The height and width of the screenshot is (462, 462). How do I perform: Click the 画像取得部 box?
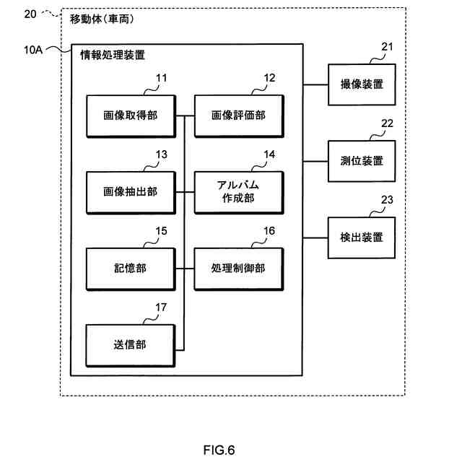(x=130, y=115)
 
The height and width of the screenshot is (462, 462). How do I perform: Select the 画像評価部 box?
(x=238, y=115)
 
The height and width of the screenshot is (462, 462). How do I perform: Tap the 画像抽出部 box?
(x=130, y=192)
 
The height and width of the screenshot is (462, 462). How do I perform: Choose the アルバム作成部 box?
(x=238, y=192)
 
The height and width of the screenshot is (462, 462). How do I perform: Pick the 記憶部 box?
(x=130, y=268)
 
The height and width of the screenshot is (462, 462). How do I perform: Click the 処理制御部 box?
(x=238, y=268)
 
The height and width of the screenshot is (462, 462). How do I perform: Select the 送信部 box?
(x=130, y=345)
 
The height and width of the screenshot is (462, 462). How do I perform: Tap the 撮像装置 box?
(x=362, y=84)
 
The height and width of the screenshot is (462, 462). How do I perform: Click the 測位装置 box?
(x=362, y=160)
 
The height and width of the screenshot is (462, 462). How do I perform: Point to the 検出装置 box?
(x=362, y=237)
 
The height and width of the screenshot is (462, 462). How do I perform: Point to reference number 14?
(x=269, y=154)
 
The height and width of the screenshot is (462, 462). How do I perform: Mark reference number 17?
(x=162, y=308)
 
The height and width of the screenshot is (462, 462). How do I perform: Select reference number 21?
(x=388, y=48)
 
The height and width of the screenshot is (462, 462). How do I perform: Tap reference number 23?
(x=388, y=201)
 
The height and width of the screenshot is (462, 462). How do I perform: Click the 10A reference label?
(x=34, y=51)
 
